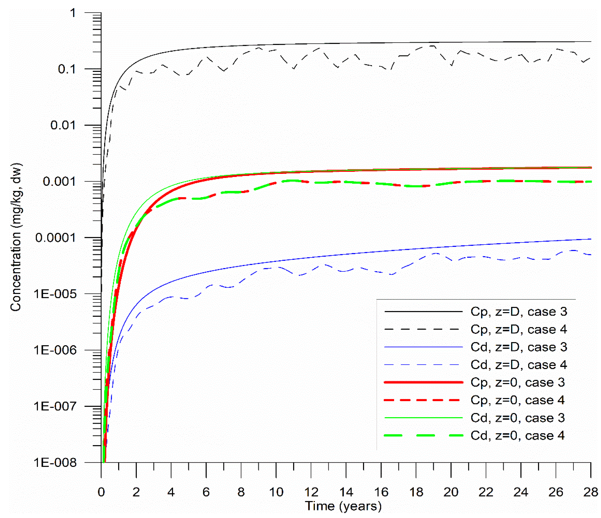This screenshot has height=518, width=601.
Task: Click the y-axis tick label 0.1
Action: click(x=67, y=69)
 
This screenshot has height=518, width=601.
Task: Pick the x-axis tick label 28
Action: click(x=591, y=492)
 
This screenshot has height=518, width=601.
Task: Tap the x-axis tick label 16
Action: click(x=381, y=492)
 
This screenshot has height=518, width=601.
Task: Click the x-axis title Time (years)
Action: click(x=343, y=506)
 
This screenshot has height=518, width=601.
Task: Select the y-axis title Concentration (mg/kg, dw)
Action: click(x=16, y=237)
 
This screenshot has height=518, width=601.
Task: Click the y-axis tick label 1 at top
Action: click(x=73, y=13)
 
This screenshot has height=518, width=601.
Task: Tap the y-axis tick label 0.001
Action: click(x=59, y=181)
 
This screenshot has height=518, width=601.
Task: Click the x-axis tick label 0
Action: click(x=101, y=492)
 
